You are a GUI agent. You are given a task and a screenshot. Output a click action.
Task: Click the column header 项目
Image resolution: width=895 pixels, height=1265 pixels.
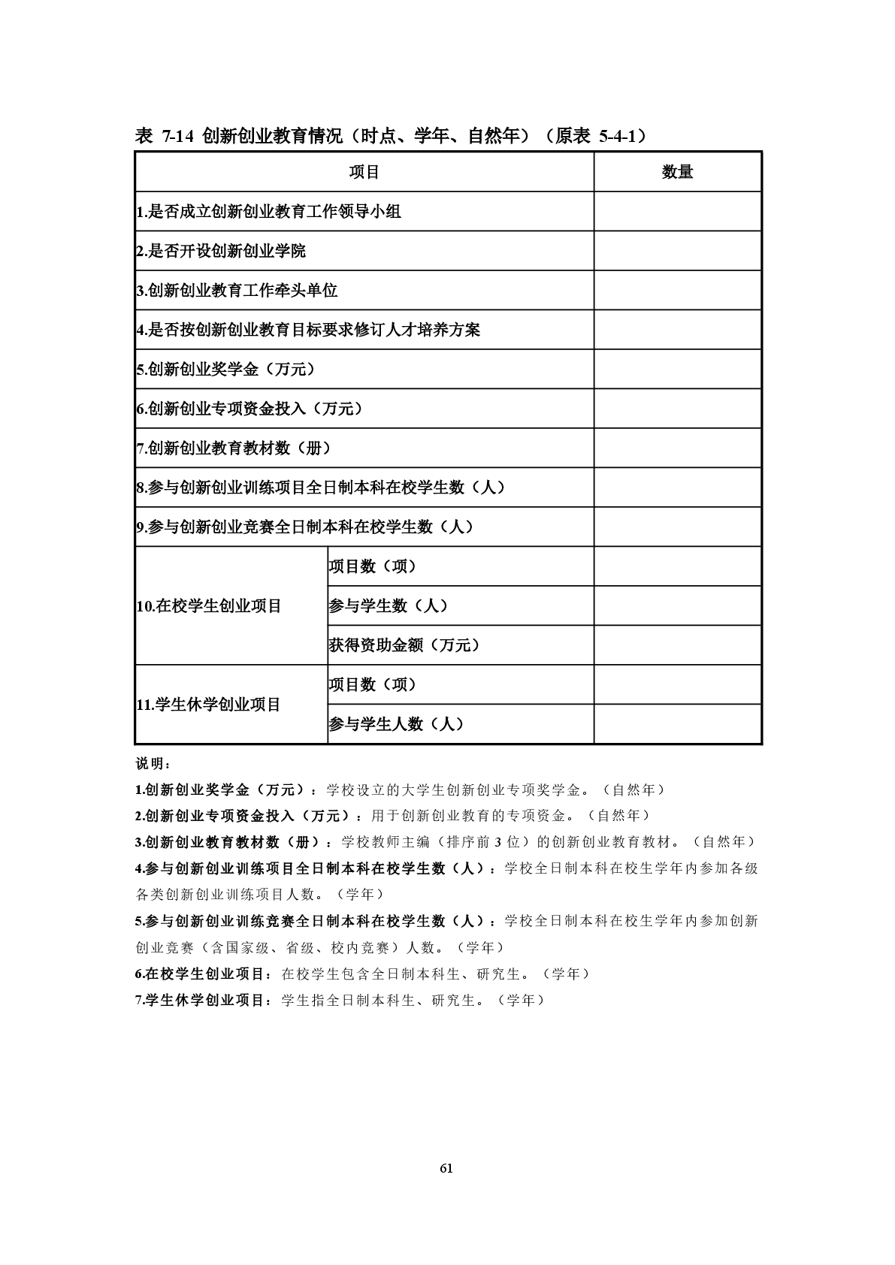click(x=364, y=172)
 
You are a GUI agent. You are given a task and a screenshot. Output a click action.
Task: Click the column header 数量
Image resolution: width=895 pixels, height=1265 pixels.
click(x=677, y=172)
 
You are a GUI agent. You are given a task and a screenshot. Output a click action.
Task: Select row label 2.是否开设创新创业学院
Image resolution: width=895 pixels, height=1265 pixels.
click(x=221, y=251)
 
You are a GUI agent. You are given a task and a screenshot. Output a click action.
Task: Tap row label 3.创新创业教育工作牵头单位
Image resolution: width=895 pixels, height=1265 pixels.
click(x=237, y=291)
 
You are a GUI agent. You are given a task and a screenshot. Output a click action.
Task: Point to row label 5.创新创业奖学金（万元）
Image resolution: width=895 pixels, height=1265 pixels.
click(x=225, y=370)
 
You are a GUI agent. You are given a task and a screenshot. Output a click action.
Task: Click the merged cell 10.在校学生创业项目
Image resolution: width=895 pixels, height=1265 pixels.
click(x=209, y=606)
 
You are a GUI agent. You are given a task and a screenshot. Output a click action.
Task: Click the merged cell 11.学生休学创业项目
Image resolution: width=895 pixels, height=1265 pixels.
click(x=208, y=705)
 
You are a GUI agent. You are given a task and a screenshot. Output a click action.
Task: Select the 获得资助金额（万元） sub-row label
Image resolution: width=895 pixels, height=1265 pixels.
click(x=404, y=645)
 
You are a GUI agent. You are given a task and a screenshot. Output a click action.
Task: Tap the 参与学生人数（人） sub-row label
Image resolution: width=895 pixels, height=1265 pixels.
click(x=396, y=724)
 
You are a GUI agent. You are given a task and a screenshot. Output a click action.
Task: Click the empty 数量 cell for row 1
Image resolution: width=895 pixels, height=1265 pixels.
click(x=677, y=212)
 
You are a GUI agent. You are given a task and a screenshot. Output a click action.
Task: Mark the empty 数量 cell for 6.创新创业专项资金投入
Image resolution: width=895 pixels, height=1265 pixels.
click(x=677, y=409)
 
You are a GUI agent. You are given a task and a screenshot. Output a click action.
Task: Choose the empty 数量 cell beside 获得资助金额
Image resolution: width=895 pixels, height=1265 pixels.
click(x=677, y=645)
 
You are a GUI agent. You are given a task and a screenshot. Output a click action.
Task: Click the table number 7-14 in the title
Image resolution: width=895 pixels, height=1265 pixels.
click(x=177, y=136)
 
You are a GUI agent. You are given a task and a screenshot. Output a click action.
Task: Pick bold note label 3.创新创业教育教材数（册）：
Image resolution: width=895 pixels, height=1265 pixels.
click(x=234, y=842)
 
